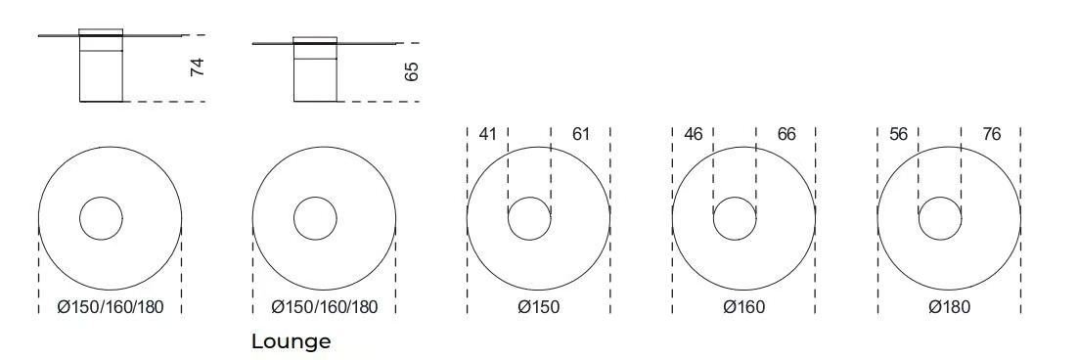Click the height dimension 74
[198, 67]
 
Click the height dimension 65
[411, 71]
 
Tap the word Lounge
[291, 341]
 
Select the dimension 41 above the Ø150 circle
[487, 134]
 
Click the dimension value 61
[581, 134]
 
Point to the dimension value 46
[693, 134]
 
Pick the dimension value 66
[786, 134]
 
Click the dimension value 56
[899, 134]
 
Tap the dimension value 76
[991, 134]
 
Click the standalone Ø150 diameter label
[538, 307]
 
